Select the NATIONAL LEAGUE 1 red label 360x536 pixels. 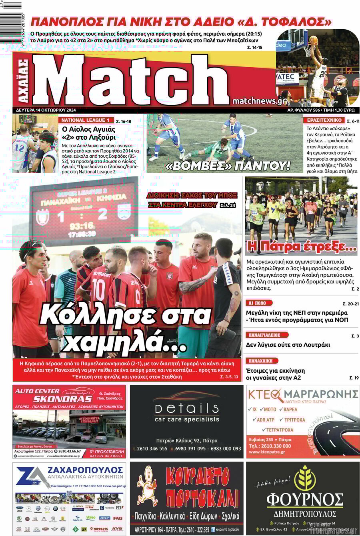pyautogui.click(x=85, y=120)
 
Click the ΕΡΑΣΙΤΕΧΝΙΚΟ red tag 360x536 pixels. pyautogui.click(x=324, y=120)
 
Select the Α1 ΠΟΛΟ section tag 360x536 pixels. pyautogui.click(x=258, y=303)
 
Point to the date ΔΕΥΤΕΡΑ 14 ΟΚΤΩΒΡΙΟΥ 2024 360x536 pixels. pyautogui.click(x=46, y=110)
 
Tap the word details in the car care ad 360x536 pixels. pyautogui.click(x=187, y=408)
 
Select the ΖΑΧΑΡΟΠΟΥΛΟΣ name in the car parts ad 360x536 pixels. pyautogui.click(x=85, y=470)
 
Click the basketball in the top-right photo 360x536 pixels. pyautogui.click(x=313, y=40)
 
